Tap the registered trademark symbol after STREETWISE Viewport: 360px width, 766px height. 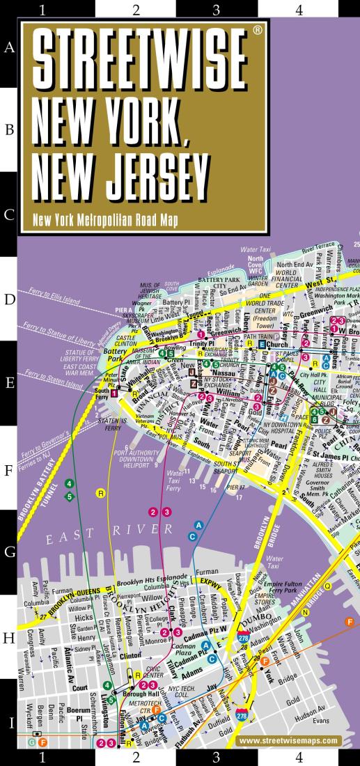tap(258, 31)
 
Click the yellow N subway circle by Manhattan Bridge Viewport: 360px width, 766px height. tap(304, 612)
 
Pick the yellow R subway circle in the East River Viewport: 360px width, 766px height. tap(102, 493)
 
